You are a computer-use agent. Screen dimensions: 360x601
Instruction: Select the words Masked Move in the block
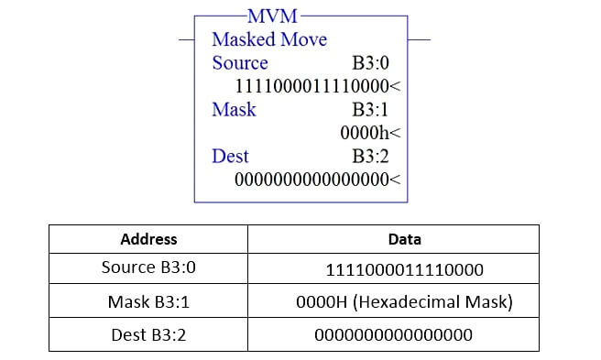click(269, 40)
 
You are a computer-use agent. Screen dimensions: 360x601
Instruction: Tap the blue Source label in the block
click(240, 63)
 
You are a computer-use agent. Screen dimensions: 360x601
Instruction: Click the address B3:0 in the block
click(376, 63)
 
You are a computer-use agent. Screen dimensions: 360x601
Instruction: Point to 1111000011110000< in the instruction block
click(318, 86)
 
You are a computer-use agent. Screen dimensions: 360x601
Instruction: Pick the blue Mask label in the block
click(234, 110)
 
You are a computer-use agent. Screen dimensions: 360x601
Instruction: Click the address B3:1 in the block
click(376, 110)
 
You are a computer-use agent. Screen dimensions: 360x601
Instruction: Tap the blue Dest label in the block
click(230, 156)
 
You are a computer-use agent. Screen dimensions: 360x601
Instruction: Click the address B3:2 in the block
click(376, 156)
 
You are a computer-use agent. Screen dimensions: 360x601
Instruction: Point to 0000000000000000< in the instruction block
click(318, 180)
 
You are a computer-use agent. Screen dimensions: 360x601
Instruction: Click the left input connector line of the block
click(186, 40)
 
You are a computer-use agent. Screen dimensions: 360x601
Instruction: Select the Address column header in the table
click(148, 239)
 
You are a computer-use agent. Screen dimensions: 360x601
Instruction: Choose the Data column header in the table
click(404, 239)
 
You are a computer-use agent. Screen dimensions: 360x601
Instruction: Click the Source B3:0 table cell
click(148, 270)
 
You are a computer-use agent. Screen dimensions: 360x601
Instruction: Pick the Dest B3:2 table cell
click(148, 334)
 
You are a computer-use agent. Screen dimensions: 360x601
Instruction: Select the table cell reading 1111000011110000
click(404, 270)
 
